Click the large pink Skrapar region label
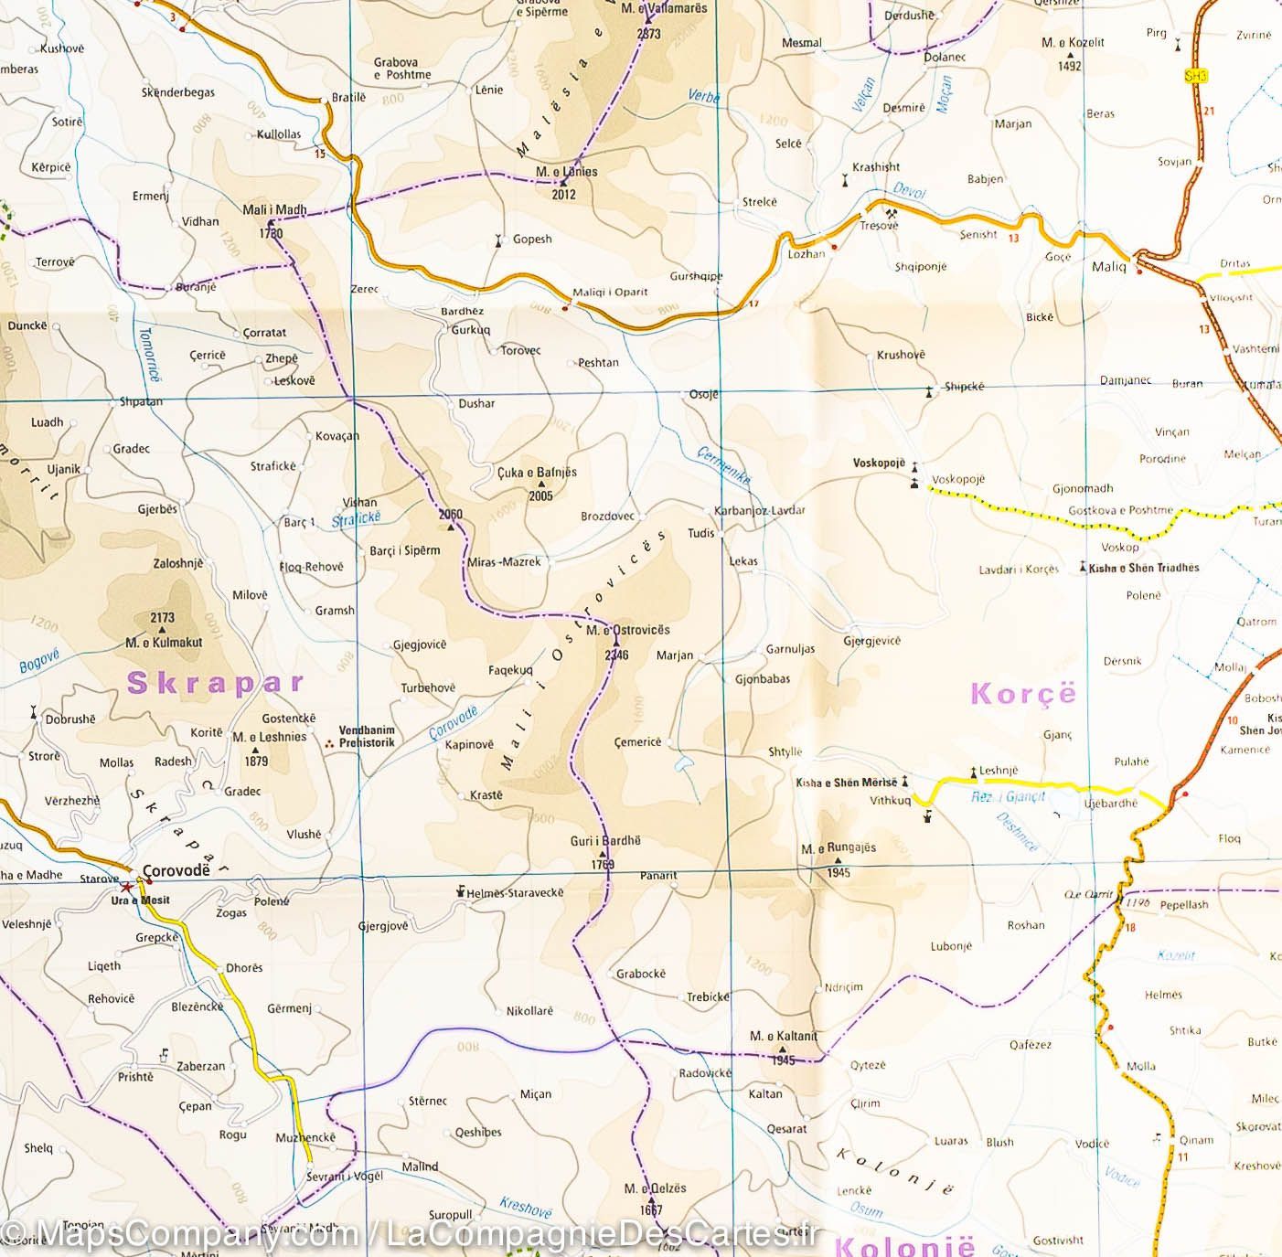215,683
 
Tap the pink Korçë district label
1023,694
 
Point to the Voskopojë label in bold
879,463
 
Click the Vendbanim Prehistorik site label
367,737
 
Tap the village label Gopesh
532,240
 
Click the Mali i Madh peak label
274,209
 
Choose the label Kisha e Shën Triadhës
1143,568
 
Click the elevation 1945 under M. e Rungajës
838,872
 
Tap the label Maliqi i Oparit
610,293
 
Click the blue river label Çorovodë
454,722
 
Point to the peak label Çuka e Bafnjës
537,472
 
